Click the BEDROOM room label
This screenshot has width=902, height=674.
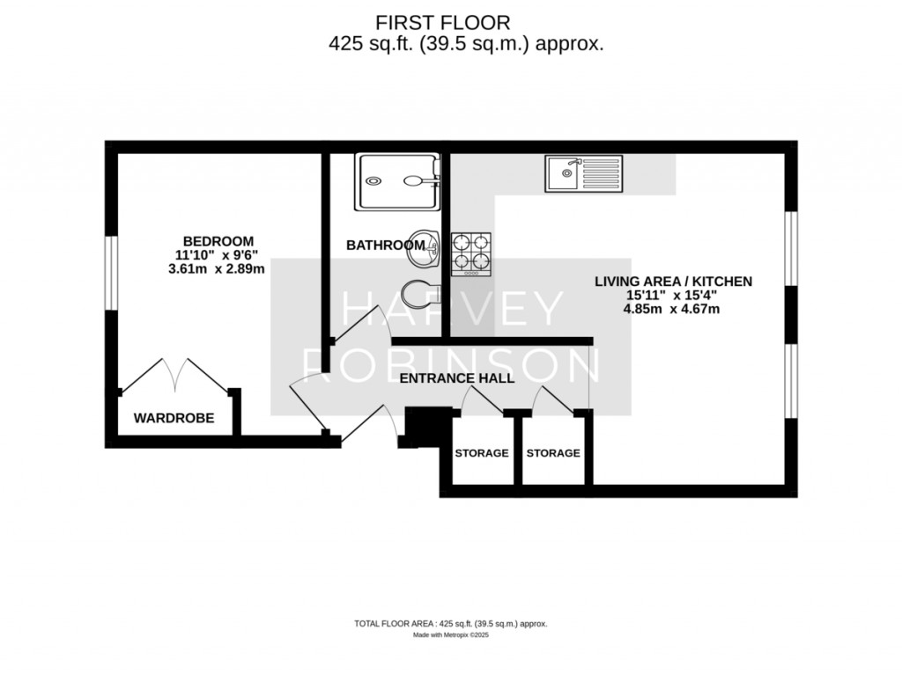click(x=218, y=241)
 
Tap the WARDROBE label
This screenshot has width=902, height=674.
click(x=174, y=418)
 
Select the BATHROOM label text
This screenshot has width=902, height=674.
click(x=386, y=245)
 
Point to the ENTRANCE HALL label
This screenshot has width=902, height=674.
click(x=457, y=378)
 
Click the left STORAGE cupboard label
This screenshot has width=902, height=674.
click(x=482, y=453)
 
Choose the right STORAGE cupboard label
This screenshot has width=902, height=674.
click(x=553, y=453)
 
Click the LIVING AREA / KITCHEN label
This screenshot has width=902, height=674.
click(x=673, y=282)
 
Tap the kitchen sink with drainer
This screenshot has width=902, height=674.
click(x=583, y=173)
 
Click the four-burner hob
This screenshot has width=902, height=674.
click(x=470, y=254)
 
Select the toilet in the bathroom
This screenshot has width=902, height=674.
click(x=422, y=295)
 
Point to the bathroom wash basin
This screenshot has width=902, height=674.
click(x=424, y=249)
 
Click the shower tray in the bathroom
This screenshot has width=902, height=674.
click(x=397, y=181)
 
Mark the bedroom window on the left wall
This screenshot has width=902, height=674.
click(x=111, y=273)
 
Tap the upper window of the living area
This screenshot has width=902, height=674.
click(x=791, y=248)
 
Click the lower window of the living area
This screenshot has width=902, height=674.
click(x=791, y=381)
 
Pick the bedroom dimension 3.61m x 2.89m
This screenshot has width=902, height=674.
click(x=217, y=269)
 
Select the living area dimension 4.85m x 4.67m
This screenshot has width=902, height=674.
click(x=671, y=309)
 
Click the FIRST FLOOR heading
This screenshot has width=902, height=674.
click(x=442, y=23)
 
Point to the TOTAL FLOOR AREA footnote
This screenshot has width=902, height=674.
click(x=450, y=624)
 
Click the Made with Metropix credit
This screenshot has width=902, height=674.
click(x=450, y=635)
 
